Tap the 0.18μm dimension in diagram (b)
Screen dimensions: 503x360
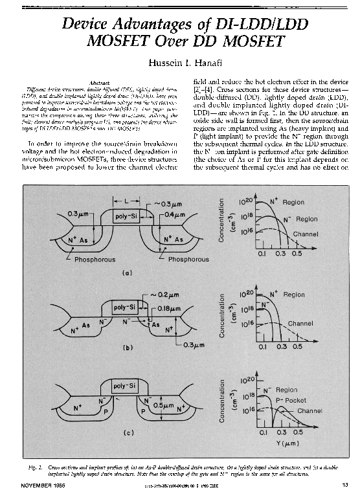[x=171, y=309]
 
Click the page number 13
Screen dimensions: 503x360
[x=345, y=485]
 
